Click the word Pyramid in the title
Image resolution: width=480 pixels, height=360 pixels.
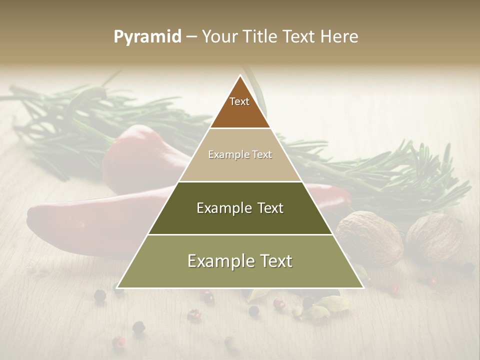147,37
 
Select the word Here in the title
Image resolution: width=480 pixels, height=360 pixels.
340,37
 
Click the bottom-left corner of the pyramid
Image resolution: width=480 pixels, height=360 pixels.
117,287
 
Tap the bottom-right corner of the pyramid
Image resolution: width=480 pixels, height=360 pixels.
363,287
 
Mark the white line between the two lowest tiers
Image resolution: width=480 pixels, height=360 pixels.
240,234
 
